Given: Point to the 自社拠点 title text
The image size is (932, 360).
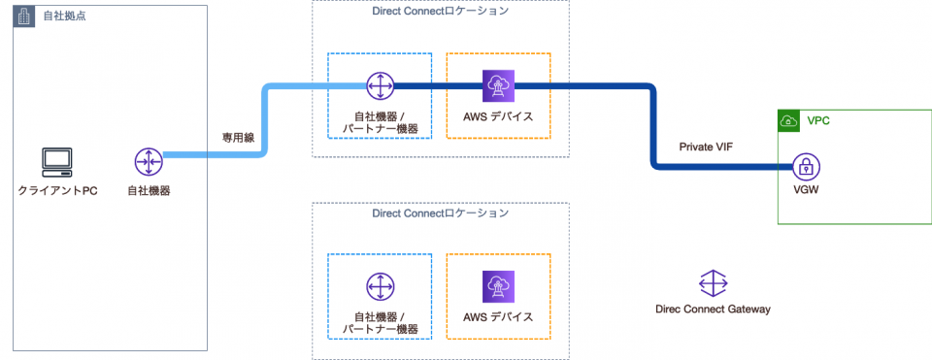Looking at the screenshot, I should point(55,17).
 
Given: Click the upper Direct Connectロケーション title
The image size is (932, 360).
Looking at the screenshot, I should point(440,11).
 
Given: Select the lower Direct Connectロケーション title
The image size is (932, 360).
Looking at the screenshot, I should point(440,213).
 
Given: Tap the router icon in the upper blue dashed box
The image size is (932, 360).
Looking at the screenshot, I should point(379,85).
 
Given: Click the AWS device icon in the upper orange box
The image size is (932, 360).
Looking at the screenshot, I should point(498,85).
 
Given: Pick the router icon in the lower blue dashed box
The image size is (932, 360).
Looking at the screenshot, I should point(379,287).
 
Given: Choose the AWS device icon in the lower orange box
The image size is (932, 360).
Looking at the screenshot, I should point(498,287).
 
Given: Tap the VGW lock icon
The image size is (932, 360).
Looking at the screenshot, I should point(806,166).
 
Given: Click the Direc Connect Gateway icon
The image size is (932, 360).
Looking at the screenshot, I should point(713,283).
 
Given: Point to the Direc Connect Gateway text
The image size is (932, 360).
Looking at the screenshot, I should point(713,310).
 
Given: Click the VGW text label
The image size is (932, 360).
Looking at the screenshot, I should point(806,191).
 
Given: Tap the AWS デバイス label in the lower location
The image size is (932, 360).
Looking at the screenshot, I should point(498,317).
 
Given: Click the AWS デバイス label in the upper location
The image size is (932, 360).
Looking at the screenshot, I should point(498,116).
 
